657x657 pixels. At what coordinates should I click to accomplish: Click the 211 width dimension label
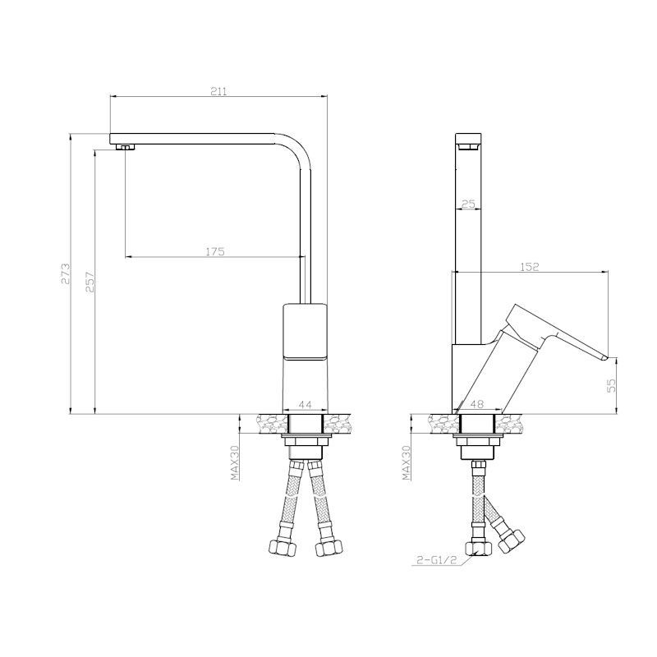(x=218, y=91)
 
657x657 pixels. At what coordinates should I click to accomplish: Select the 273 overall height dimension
(x=66, y=274)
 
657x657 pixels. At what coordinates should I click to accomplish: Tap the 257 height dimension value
(x=90, y=282)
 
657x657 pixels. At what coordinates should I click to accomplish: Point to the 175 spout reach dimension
(x=215, y=251)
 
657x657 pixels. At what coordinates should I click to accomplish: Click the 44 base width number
(x=305, y=405)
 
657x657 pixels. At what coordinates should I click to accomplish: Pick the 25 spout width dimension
(x=468, y=204)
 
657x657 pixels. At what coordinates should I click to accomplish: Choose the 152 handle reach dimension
(x=530, y=266)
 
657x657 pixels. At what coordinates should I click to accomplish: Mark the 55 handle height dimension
(x=612, y=385)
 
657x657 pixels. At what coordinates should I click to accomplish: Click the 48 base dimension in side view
(x=477, y=404)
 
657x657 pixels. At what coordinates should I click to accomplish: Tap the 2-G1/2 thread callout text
(x=436, y=561)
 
